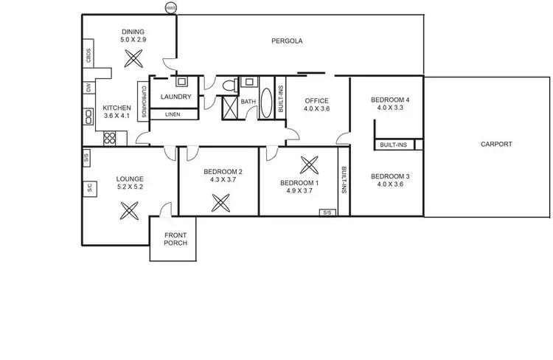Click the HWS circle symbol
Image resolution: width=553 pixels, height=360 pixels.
tap(171, 9)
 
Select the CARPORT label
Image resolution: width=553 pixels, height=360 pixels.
tap(495, 145)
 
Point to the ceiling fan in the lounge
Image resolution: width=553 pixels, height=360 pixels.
tap(129, 211)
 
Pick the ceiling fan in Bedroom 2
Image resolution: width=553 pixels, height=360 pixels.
tap(220, 201)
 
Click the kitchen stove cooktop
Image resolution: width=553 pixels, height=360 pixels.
tap(111, 136)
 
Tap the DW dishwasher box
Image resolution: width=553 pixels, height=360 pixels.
tap(88, 88)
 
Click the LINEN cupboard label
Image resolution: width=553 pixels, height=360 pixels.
tap(173, 114)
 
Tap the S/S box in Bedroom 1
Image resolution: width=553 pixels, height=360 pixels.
tap(326, 212)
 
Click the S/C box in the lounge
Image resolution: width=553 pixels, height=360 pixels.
tap(88, 187)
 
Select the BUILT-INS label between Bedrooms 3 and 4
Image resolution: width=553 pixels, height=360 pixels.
tap(394, 145)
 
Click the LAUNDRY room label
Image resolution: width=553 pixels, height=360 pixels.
tap(175, 97)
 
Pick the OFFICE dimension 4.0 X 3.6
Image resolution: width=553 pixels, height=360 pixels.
tap(316, 109)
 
